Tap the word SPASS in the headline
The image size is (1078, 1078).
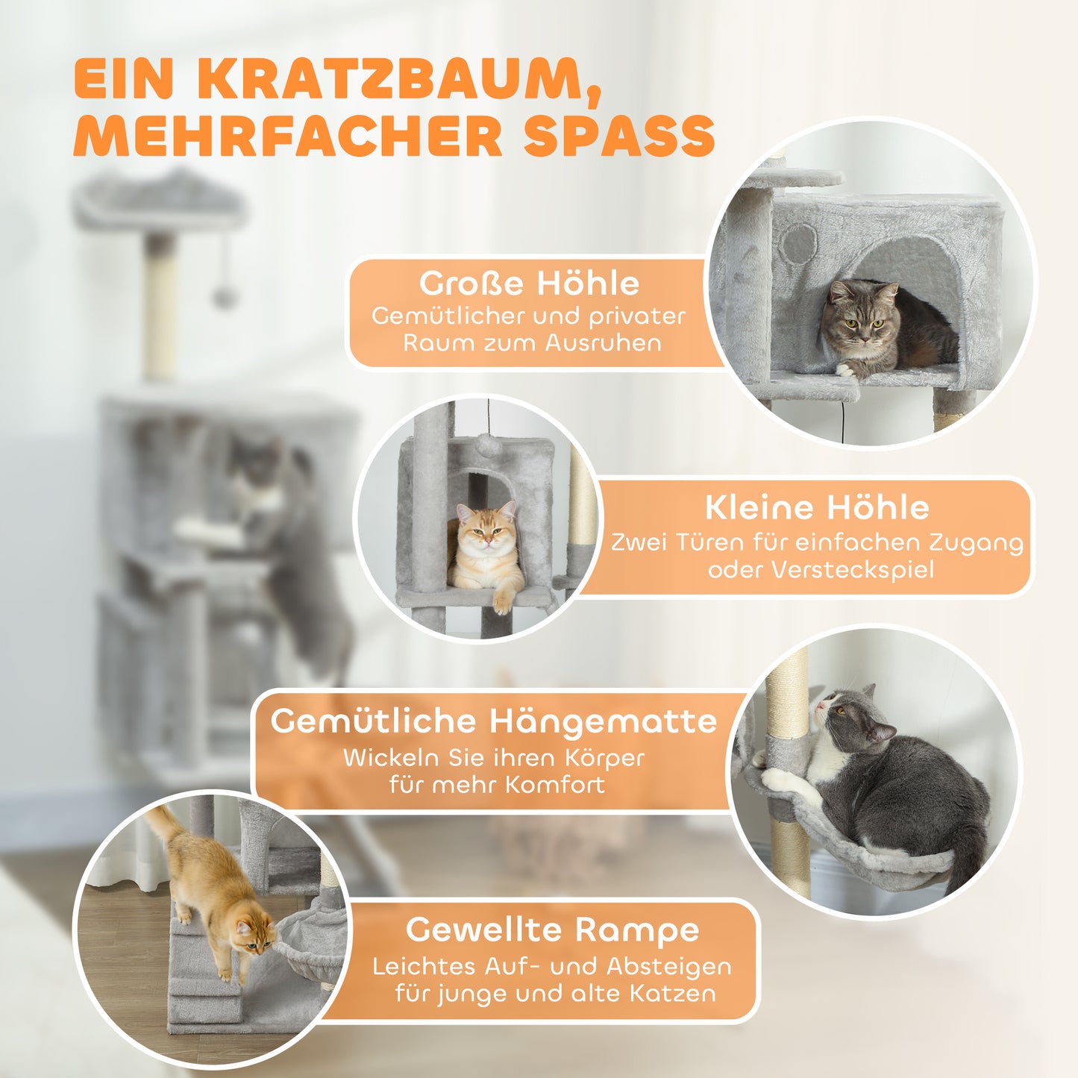tap(618, 136)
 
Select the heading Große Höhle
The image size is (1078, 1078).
tap(529, 283)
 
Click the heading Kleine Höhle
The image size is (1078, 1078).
tap(817, 508)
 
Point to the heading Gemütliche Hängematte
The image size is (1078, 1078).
tap(493, 721)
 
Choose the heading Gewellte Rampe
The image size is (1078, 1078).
tap(552, 930)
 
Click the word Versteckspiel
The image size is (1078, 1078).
tap(852, 570)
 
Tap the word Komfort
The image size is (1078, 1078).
tap(554, 785)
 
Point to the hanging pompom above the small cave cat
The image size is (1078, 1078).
tap(488, 445)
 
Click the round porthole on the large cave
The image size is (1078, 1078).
tap(798, 243)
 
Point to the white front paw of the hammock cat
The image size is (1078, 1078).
tap(777, 780)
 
